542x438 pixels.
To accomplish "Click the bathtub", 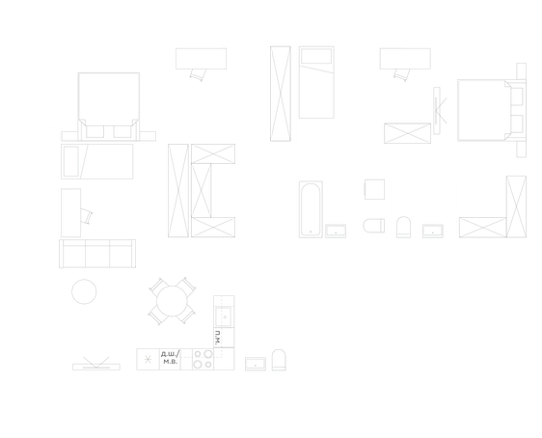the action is click(x=311, y=209).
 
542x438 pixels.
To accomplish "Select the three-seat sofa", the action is click(x=97, y=254).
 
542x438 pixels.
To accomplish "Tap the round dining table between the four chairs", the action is click(x=172, y=301).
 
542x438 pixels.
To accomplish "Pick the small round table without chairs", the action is click(x=84, y=291).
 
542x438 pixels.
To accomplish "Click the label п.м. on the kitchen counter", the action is click(x=217, y=338).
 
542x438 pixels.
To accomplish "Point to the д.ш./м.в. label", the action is click(x=170, y=358).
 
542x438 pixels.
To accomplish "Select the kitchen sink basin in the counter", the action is click(x=224, y=316).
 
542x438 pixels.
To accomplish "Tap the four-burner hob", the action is click(x=203, y=359).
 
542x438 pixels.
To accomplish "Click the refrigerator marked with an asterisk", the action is click(x=148, y=360).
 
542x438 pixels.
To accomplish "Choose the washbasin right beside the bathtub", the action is click(x=336, y=232).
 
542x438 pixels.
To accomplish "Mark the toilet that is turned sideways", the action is click(x=373, y=226).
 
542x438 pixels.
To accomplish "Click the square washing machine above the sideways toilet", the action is click(x=374, y=189).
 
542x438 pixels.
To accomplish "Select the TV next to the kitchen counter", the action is click(x=96, y=365).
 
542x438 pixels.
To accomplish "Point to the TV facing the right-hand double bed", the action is click(x=438, y=111).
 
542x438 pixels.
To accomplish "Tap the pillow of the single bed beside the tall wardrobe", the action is click(x=316, y=56).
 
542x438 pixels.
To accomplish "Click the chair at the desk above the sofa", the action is click(x=87, y=216).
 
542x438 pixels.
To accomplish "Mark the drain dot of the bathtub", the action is click(x=311, y=232).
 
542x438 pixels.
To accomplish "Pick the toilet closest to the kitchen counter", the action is click(x=279, y=360).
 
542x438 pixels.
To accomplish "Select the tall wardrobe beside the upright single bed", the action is click(x=281, y=94).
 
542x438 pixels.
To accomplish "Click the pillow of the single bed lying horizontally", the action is click(x=71, y=161).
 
